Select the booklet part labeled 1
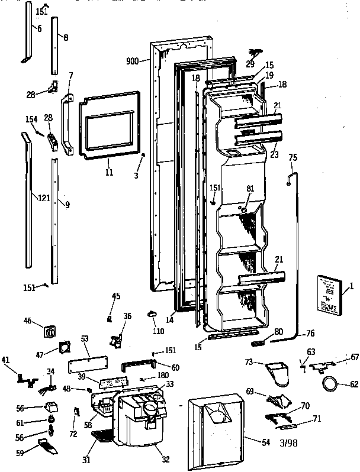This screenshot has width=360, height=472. coord(326,293)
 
